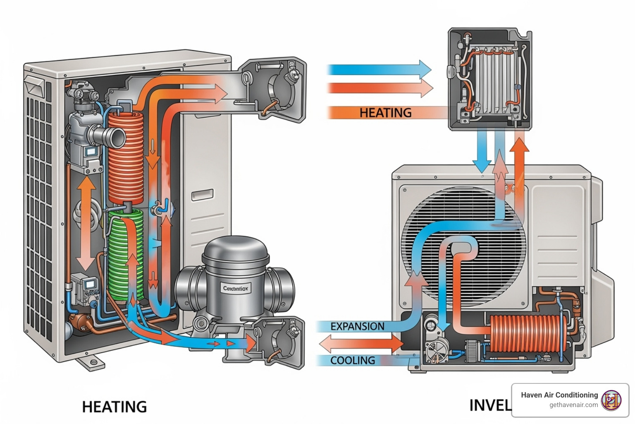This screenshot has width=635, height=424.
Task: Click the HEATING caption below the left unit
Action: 115,407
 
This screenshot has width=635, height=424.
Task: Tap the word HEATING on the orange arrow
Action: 385,113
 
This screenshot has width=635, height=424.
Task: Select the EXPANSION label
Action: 357,326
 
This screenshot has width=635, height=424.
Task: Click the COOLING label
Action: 353,360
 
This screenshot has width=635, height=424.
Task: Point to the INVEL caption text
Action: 490,405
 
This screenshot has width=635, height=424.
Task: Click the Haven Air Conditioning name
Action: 559,395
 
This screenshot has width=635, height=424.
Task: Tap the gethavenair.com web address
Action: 573,405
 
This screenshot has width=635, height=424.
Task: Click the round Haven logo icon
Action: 611,400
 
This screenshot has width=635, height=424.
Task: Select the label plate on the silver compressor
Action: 236,288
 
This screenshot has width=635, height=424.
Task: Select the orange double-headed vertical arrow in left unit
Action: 86,224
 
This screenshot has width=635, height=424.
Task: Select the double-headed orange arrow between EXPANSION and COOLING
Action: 361,343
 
